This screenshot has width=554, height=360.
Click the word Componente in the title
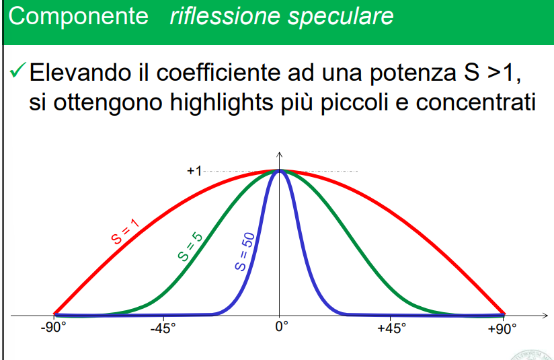pyautogui.click(x=78, y=17)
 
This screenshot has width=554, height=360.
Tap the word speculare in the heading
pyautogui.click(x=341, y=17)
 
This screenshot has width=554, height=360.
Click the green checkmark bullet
pyautogui.click(x=18, y=69)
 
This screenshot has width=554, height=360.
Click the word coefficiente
pyautogui.click(x=218, y=73)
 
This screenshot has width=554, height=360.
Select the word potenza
pyautogui.click(x=413, y=74)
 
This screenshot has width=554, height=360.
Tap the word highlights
pyautogui.click(x=221, y=103)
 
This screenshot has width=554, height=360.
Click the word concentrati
pyautogui.click(x=476, y=103)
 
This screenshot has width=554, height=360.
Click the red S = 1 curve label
pyautogui.click(x=125, y=231)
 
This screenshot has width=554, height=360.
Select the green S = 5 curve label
pyautogui.click(x=190, y=247)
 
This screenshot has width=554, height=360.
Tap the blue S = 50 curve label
pyautogui.click(x=245, y=252)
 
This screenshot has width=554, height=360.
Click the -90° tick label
pyautogui.click(x=53, y=328)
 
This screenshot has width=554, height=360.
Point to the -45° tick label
pyautogui.click(x=163, y=329)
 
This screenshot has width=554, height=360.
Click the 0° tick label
pyautogui.click(x=282, y=326)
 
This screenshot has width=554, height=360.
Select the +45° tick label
pyautogui.click(x=391, y=328)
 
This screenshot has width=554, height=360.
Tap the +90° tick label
pyautogui.click(x=502, y=329)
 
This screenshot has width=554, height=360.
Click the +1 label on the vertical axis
pyautogui.click(x=194, y=171)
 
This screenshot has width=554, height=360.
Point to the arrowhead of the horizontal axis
pyautogui.click(x=545, y=315)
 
